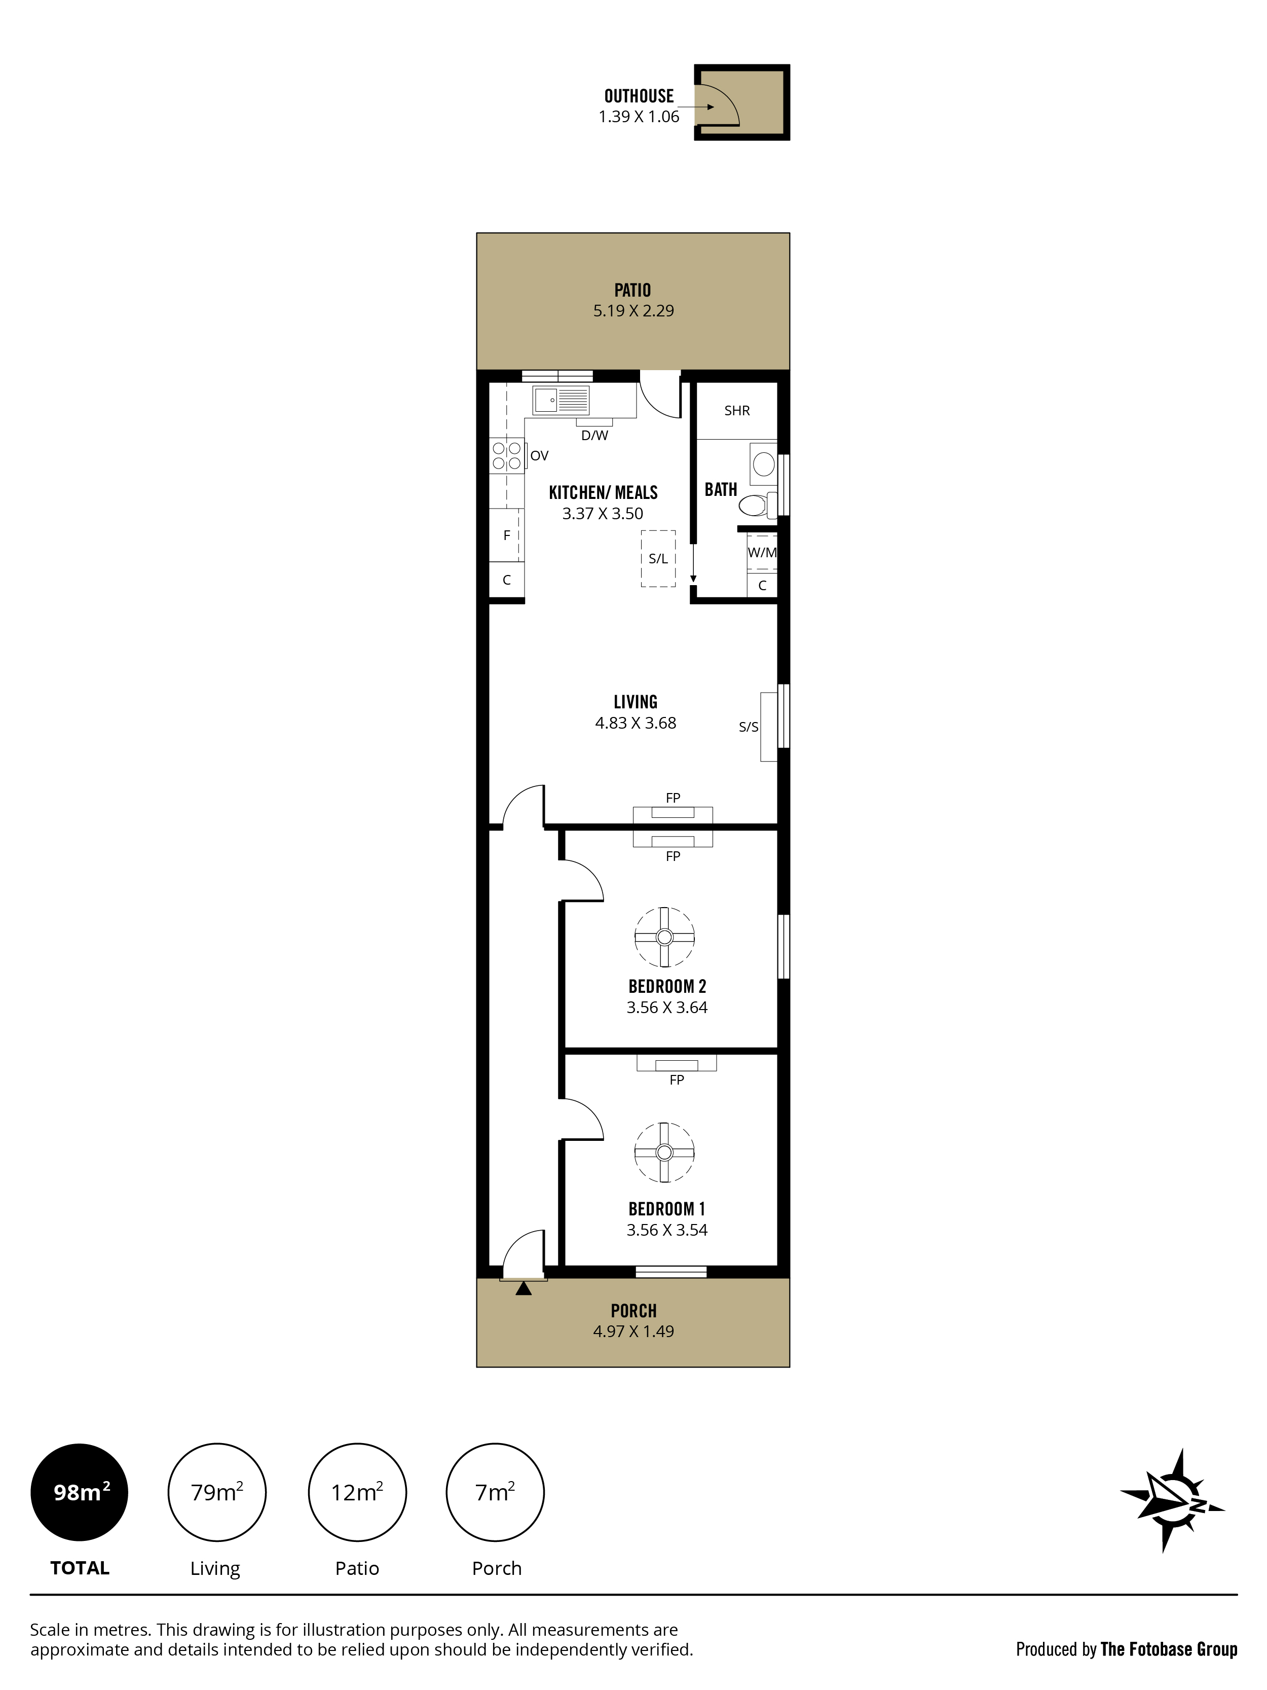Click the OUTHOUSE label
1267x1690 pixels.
(x=639, y=96)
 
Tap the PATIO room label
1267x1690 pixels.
(x=632, y=291)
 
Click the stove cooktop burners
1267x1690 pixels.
(x=506, y=455)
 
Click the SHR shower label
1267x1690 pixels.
(x=737, y=411)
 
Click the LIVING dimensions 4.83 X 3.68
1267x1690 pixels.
(x=636, y=723)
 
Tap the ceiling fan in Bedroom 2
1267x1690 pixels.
(x=664, y=937)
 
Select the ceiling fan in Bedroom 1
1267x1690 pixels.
(x=664, y=1152)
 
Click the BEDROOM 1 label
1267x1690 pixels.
(x=667, y=1209)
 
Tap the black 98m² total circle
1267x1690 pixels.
(x=80, y=1492)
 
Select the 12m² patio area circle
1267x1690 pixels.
(x=357, y=1492)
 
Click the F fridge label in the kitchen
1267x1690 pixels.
(x=506, y=535)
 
